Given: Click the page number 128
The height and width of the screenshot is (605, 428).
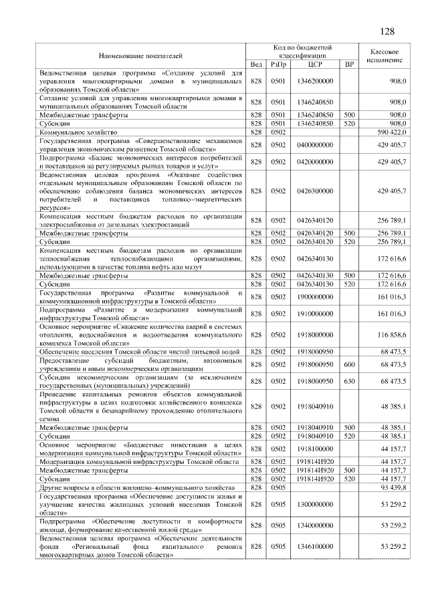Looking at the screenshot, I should (x=387, y=31).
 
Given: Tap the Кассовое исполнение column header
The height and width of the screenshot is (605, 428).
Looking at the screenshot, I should (x=385, y=55).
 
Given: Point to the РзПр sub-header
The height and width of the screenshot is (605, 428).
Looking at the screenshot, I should (x=278, y=64).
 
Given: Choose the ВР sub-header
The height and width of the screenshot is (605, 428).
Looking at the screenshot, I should (x=348, y=64).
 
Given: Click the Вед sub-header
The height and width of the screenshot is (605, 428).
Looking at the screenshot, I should (x=255, y=64).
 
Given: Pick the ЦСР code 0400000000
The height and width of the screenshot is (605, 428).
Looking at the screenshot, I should (x=315, y=145).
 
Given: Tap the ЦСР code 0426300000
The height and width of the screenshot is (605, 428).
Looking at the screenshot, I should (x=315, y=191).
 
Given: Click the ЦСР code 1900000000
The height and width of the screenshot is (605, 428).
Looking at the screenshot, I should (x=315, y=295).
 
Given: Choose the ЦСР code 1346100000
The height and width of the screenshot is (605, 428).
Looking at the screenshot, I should (x=315, y=546).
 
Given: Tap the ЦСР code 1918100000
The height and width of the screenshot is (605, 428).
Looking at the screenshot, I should (x=315, y=449).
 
